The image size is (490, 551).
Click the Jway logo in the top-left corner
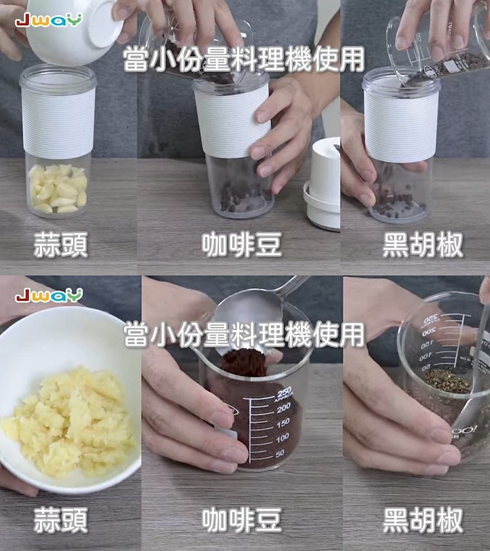coord(48,19)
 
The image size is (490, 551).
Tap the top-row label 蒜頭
coord(61,245)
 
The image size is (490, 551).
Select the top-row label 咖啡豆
coord(242,245)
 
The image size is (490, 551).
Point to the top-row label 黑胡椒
coord(422,245)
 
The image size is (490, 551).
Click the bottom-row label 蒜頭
coord(61,520)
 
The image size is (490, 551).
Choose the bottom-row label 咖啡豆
coord(242,520)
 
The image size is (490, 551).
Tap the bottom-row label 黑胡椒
coord(422,520)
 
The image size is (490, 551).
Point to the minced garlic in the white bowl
coord(69,420)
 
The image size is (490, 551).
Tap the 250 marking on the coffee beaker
coord(283,392)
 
